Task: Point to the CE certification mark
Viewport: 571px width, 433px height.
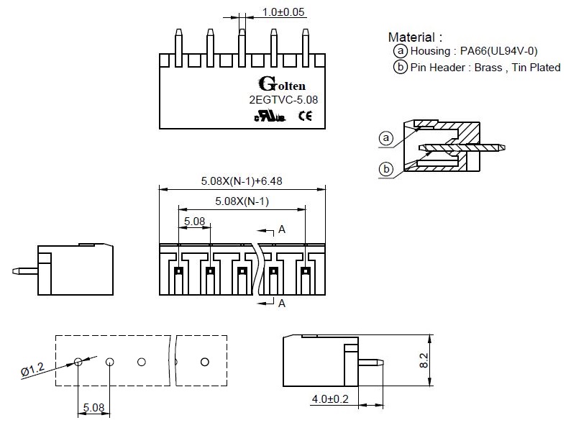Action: click(305, 115)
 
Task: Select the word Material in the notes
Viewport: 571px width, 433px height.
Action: click(411, 37)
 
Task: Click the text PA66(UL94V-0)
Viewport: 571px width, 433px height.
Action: click(499, 51)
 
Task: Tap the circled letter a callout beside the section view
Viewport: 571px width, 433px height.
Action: click(386, 137)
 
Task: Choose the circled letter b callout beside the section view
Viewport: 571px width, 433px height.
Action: click(386, 169)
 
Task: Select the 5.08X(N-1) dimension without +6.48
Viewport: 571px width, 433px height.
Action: click(242, 201)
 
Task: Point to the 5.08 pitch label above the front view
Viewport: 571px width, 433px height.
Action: click(194, 221)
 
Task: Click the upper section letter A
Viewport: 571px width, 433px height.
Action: click(282, 229)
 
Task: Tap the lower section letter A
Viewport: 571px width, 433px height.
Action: click(282, 304)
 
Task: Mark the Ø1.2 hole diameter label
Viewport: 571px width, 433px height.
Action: click(32, 370)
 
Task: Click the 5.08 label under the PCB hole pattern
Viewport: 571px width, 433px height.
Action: click(93, 408)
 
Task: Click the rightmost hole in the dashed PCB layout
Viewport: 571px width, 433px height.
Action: click(205, 361)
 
